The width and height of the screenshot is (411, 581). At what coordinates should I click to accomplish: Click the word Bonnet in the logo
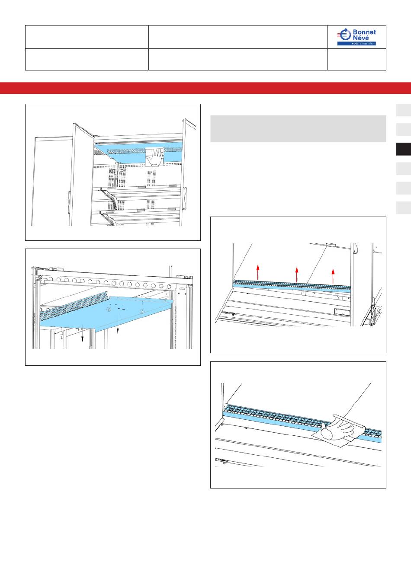point(364,32)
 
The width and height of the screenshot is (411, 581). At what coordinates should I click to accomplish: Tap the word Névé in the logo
point(361,38)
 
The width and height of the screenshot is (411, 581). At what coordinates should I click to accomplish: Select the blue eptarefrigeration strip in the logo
point(357,44)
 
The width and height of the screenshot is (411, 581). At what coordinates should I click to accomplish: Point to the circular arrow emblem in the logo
point(344,35)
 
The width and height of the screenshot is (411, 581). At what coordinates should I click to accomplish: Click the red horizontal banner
point(205,88)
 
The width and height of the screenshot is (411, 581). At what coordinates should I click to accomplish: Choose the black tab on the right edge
point(404,149)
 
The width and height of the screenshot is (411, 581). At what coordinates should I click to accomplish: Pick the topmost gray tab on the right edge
point(404,110)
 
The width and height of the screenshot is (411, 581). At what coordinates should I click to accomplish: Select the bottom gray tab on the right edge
point(404,208)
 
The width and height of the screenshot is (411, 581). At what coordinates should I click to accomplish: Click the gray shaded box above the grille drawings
point(298,129)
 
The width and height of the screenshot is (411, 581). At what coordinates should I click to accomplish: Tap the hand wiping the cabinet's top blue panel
point(155,157)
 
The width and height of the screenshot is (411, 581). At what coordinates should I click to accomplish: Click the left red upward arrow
point(257,272)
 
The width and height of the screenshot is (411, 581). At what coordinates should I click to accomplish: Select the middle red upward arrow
point(297,275)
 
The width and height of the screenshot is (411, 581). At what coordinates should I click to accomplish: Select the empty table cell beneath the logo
point(356,59)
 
